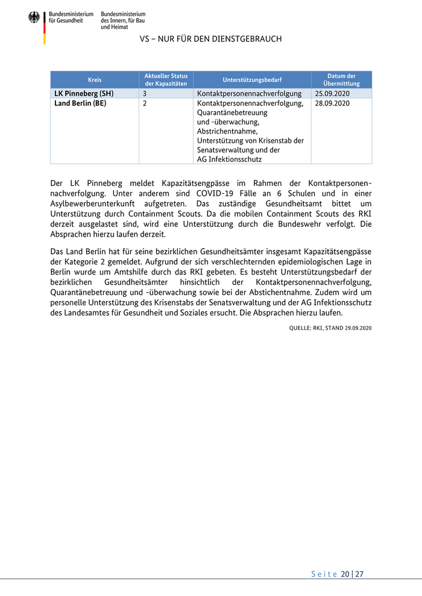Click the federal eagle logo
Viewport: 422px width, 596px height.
pyautogui.click(x=34, y=17)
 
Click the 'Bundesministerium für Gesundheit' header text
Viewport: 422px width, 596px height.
pyautogui.click(x=71, y=17)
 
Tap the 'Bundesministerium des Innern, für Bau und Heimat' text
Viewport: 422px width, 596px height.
pyautogui.click(x=123, y=20)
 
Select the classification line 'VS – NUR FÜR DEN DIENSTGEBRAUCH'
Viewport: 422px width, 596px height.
pyautogui.click(x=210, y=39)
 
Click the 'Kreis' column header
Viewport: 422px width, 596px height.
pyautogui.click(x=95, y=80)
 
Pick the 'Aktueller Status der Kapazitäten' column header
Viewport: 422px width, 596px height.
pyautogui.click(x=166, y=80)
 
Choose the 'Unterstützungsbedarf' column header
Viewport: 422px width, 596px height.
pyautogui.click(x=251, y=80)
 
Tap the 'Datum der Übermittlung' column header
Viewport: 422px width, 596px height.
pyautogui.click(x=341, y=80)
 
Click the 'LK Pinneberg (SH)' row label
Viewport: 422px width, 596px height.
pyautogui.click(x=84, y=94)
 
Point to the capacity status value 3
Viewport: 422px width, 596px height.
pyautogui.click(x=145, y=94)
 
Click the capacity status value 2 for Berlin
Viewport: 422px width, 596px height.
pyautogui.click(x=145, y=104)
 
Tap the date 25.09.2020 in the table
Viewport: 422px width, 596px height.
pyautogui.click(x=332, y=94)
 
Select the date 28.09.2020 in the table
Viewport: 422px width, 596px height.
pyautogui.click(x=332, y=104)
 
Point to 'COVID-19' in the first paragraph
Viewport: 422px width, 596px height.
pyautogui.click(x=215, y=193)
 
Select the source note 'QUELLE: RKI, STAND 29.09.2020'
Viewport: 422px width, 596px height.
pyautogui.click(x=330, y=327)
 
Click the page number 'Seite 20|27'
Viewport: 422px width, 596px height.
pyautogui.click(x=337, y=574)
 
